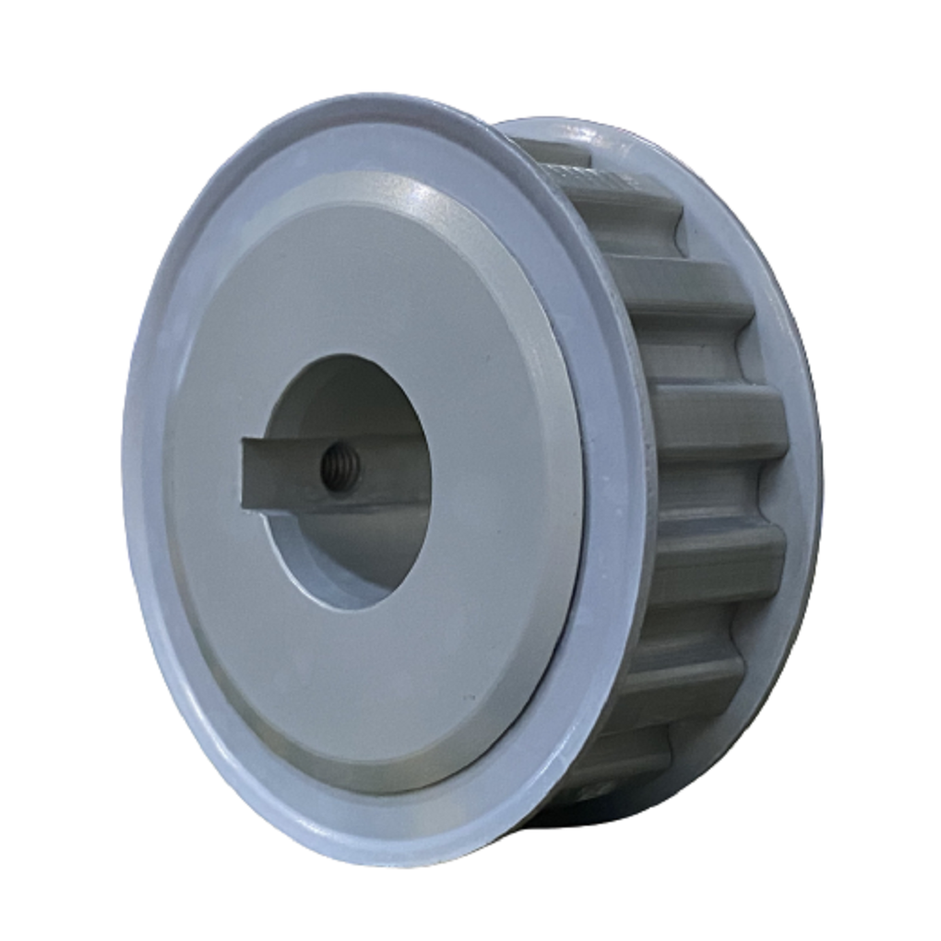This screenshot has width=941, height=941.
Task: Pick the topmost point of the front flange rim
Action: pyautogui.click(x=369, y=97)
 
